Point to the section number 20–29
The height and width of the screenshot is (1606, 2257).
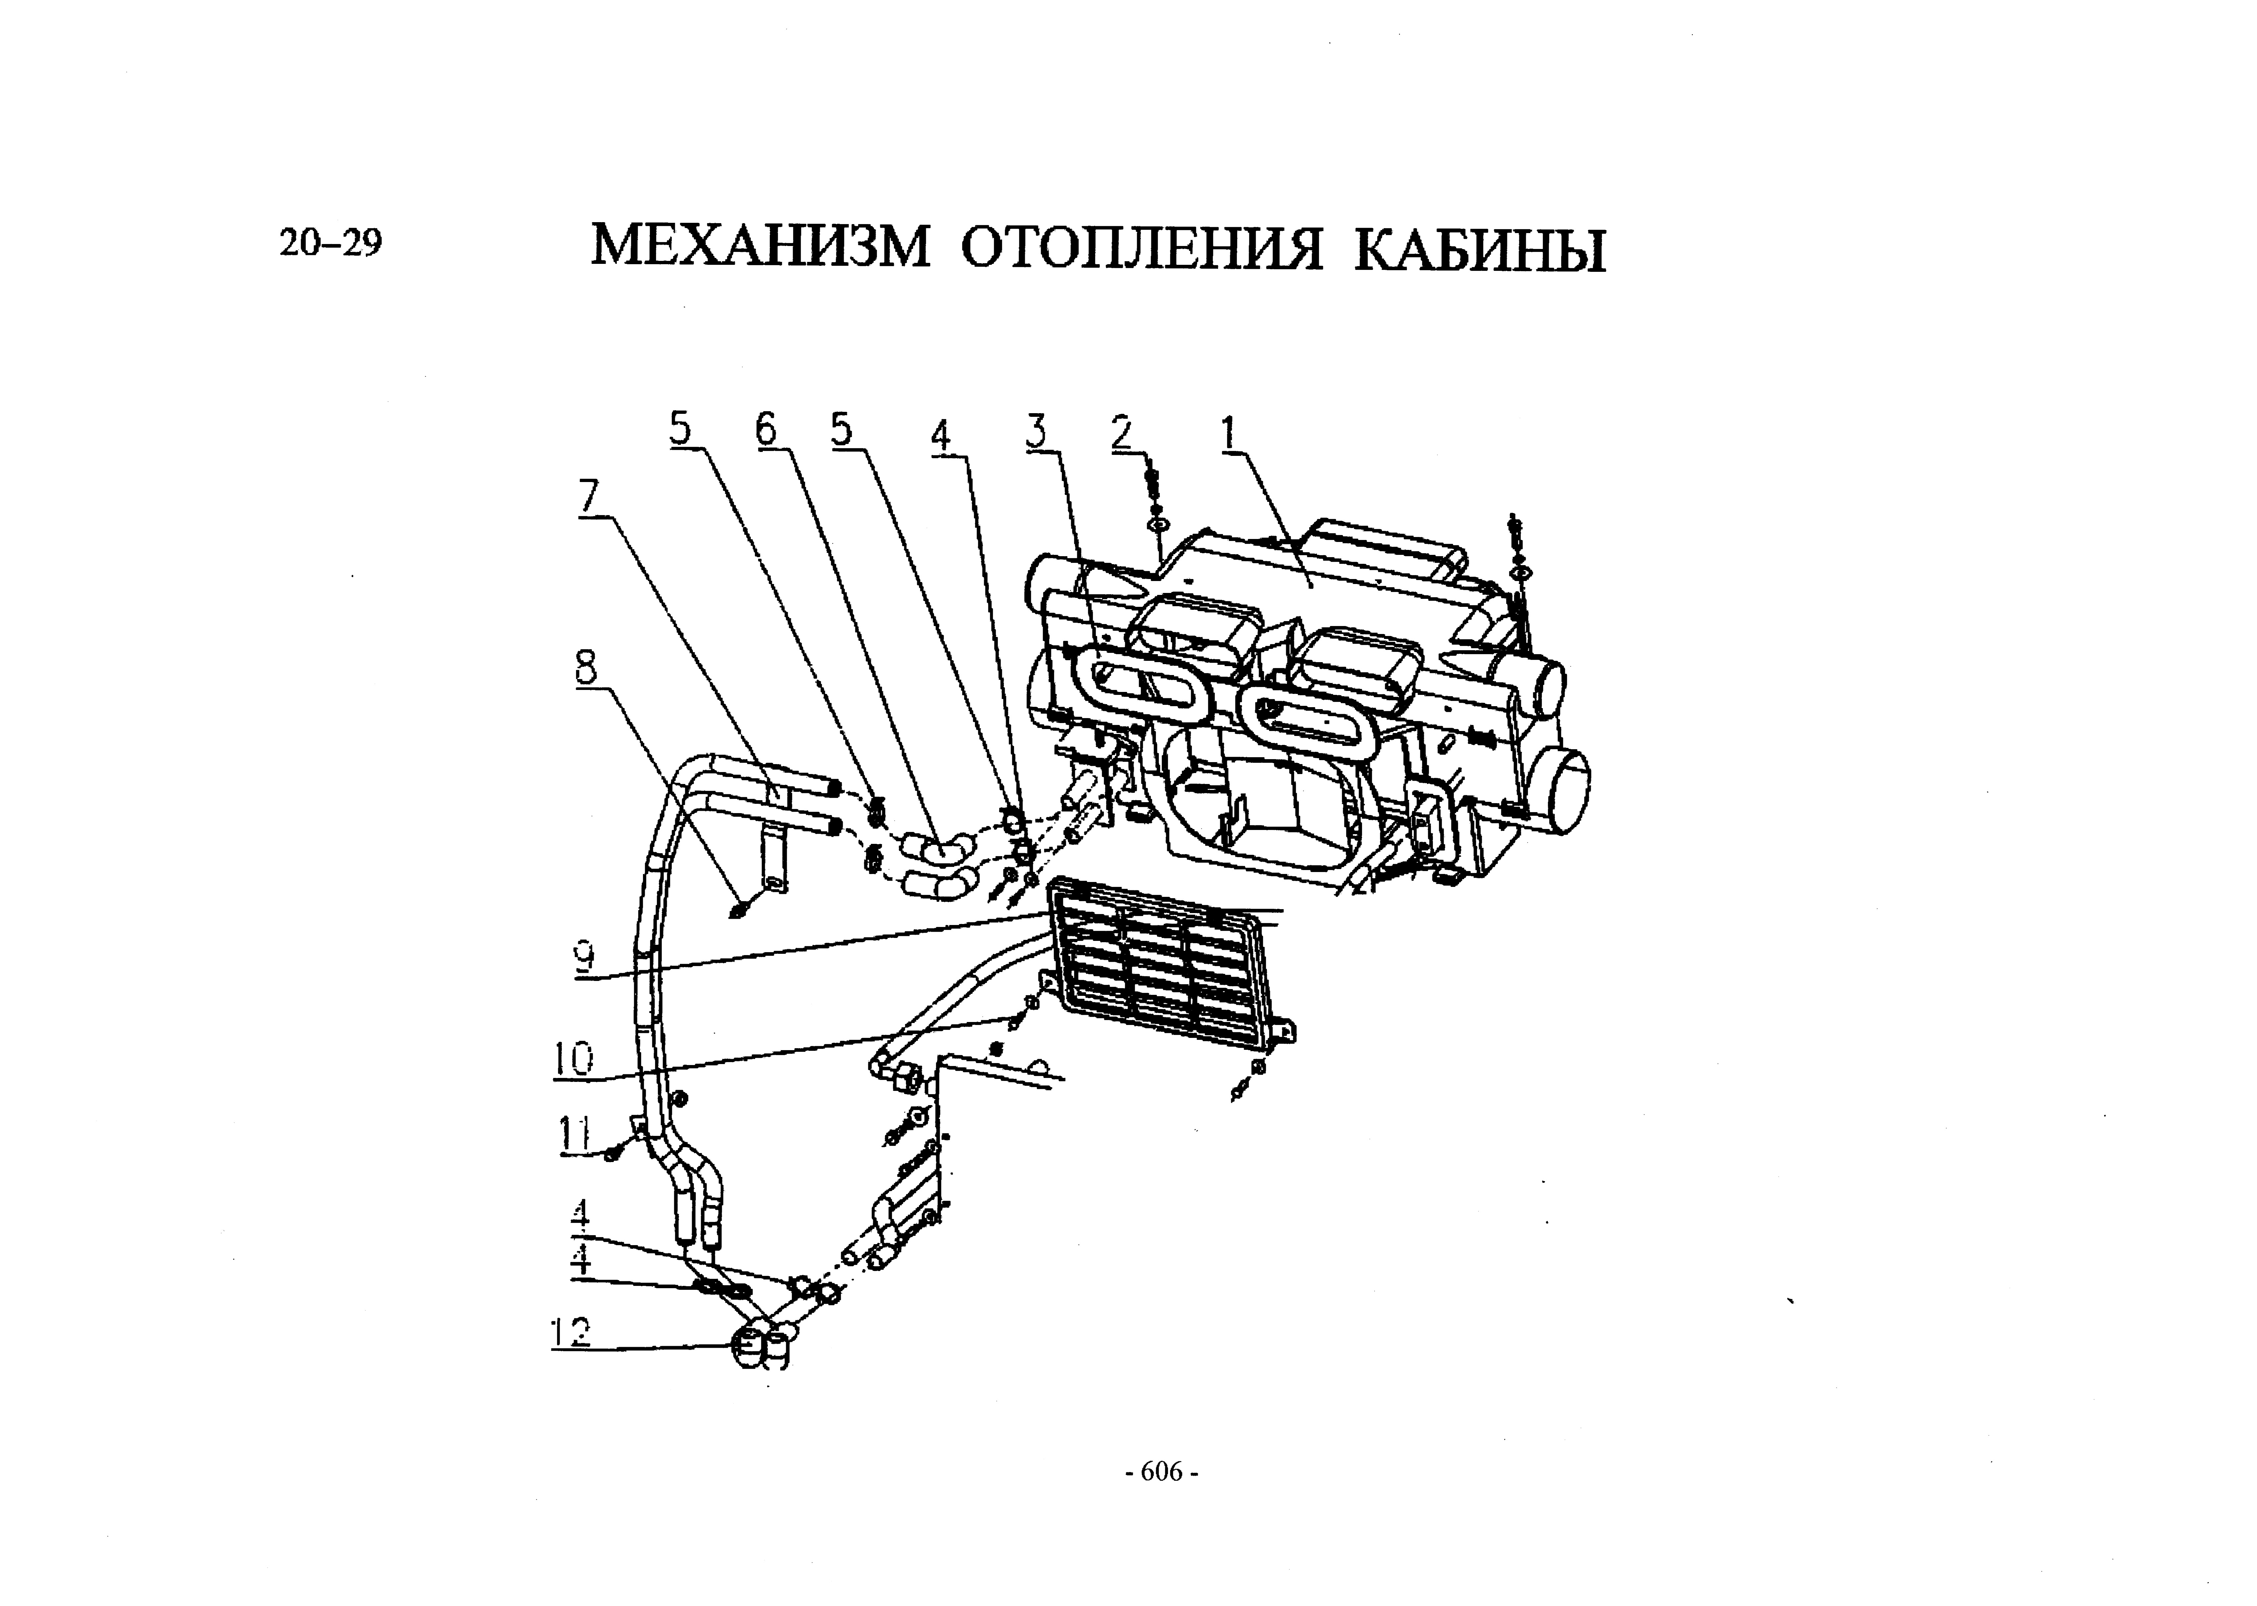point(330,242)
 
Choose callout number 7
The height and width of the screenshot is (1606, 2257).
point(589,497)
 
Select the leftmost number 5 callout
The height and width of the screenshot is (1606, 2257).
point(680,429)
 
